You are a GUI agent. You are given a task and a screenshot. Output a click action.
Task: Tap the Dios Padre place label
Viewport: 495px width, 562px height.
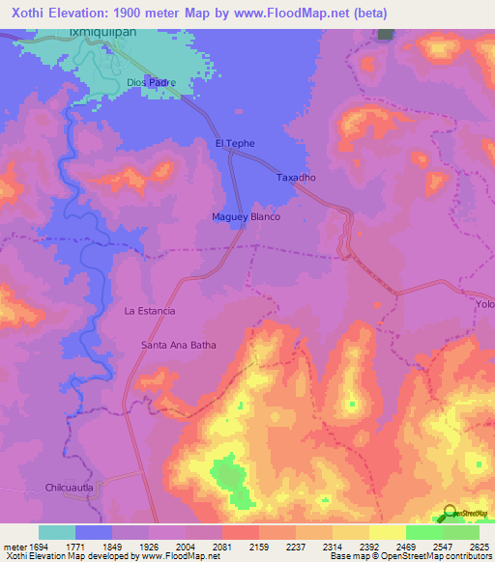coord(151,83)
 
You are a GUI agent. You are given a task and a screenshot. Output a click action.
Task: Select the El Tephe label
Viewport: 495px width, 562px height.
coord(234,144)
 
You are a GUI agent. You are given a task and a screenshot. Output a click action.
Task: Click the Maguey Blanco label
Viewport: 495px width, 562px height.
coord(246,217)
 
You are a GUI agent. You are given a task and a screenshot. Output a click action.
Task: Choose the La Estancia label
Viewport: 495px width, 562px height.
coord(150,311)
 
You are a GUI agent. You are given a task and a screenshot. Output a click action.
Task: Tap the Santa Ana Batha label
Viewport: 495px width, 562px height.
coord(178,345)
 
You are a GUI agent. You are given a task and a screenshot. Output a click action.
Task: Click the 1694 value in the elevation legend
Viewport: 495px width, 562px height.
coord(38,546)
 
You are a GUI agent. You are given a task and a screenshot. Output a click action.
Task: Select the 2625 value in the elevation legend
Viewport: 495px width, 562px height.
coord(479,546)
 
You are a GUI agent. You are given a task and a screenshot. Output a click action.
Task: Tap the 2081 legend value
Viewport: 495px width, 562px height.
coord(221,546)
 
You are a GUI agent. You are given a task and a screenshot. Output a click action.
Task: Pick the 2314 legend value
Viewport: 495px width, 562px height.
coord(332,546)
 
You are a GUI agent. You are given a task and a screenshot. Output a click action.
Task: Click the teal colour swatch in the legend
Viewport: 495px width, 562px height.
coord(57,532)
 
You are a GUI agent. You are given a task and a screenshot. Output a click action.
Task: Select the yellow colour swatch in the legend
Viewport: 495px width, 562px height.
coord(387,532)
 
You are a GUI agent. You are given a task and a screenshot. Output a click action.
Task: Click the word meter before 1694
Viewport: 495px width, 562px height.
coord(14,546)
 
